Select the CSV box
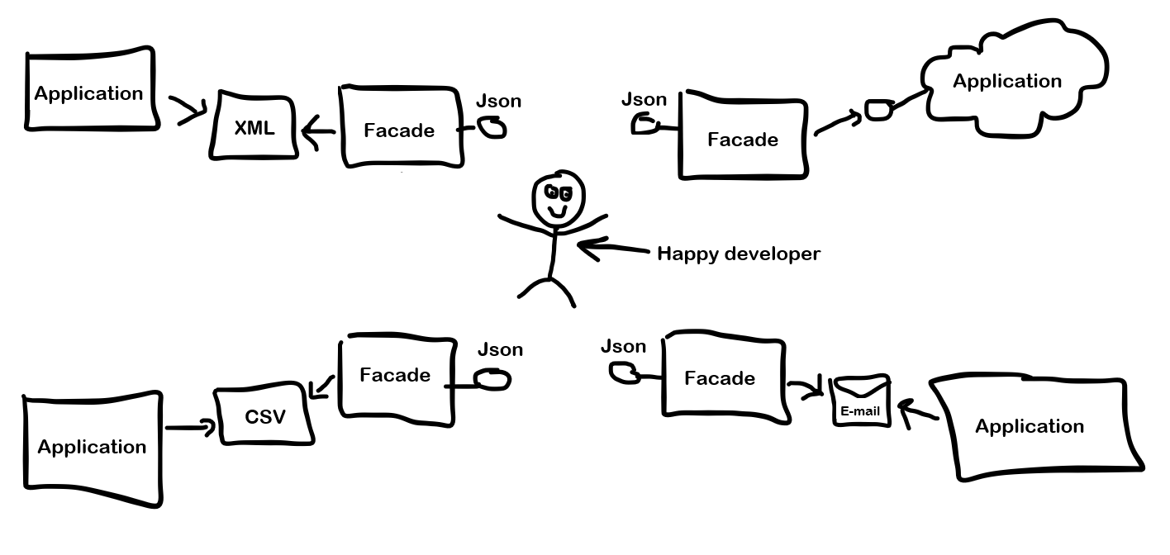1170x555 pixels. coord(265,415)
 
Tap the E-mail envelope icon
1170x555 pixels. coord(861,401)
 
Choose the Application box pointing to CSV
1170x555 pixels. coord(91,448)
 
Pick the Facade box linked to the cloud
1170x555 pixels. coord(742,138)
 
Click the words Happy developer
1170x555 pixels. coord(738,254)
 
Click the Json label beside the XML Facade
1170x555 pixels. coord(498,102)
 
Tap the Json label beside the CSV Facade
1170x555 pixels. coord(500,349)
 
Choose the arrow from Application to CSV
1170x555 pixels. coord(191,427)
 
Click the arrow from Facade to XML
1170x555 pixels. coord(317,130)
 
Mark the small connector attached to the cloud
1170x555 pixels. coord(878,109)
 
